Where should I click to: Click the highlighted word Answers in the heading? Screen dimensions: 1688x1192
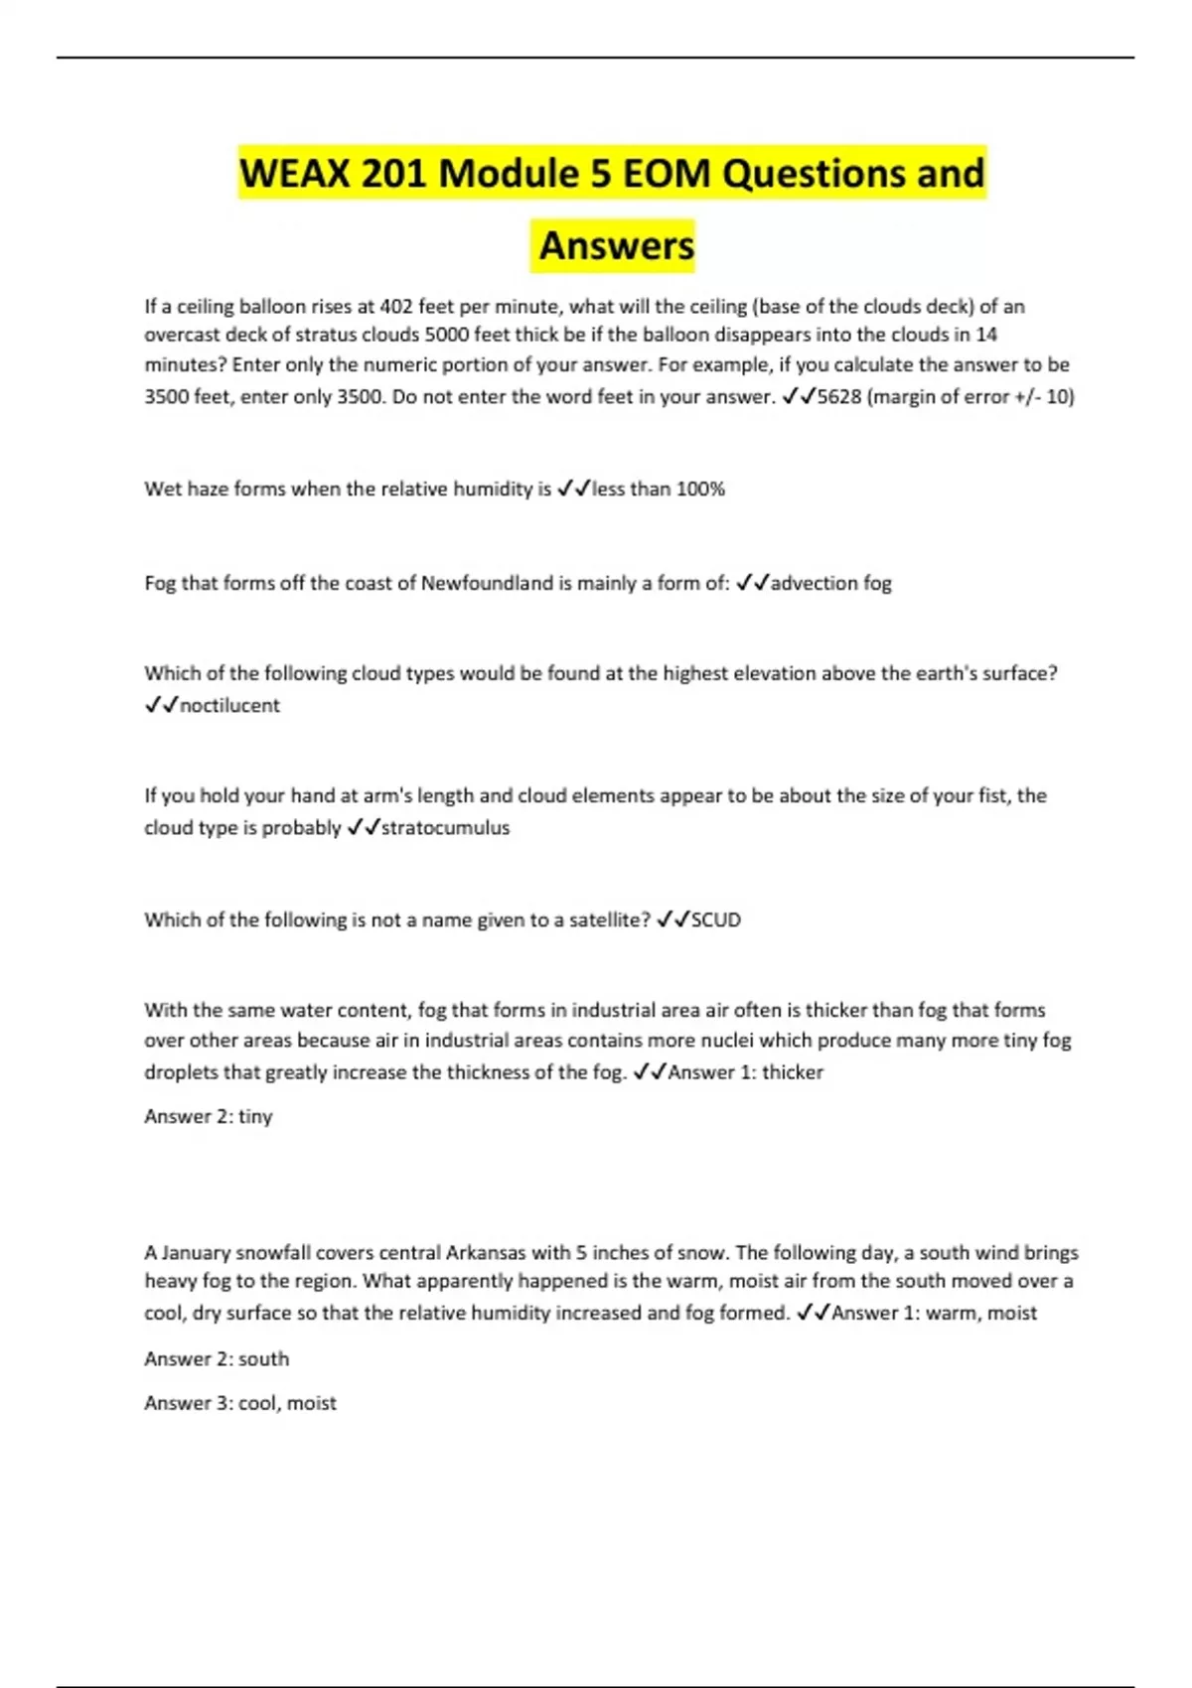click(x=616, y=245)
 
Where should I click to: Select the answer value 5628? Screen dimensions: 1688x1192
click(x=839, y=397)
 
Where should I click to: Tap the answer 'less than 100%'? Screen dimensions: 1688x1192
click(x=659, y=489)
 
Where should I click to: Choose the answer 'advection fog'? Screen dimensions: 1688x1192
click(x=831, y=583)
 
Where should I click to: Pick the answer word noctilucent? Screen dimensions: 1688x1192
click(x=229, y=705)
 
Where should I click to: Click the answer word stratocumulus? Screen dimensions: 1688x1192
click(x=445, y=827)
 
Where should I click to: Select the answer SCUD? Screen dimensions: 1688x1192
click(x=716, y=919)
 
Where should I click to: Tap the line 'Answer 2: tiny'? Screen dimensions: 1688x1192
click(x=209, y=1116)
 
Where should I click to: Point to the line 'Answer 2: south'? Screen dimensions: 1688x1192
click(x=217, y=1358)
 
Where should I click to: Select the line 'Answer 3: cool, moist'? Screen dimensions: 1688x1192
click(x=240, y=1403)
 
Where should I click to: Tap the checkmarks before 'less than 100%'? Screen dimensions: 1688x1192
click(x=574, y=489)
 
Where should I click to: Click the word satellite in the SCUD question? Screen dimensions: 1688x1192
click(x=605, y=919)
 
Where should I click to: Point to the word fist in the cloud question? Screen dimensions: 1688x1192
click(x=994, y=795)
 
